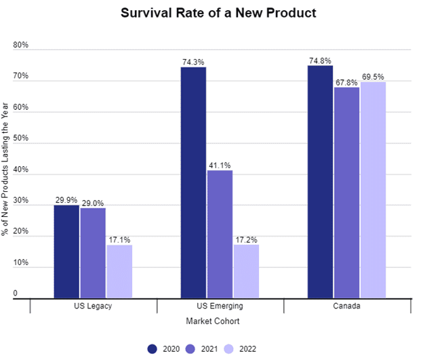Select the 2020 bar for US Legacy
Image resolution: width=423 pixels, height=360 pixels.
tap(67, 251)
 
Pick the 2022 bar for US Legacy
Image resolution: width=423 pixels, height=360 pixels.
tap(119, 271)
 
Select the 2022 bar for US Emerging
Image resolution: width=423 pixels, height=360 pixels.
tap(245, 271)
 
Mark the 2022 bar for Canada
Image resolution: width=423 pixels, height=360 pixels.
tap(373, 190)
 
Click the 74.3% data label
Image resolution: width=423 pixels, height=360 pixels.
tap(193, 62)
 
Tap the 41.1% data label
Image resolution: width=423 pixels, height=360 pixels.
tap(220, 165)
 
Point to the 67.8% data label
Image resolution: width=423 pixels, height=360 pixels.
tap(346, 82)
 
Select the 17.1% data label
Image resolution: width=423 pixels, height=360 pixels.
tap(119, 239)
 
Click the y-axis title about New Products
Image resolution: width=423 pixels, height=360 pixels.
tap(6, 169)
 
